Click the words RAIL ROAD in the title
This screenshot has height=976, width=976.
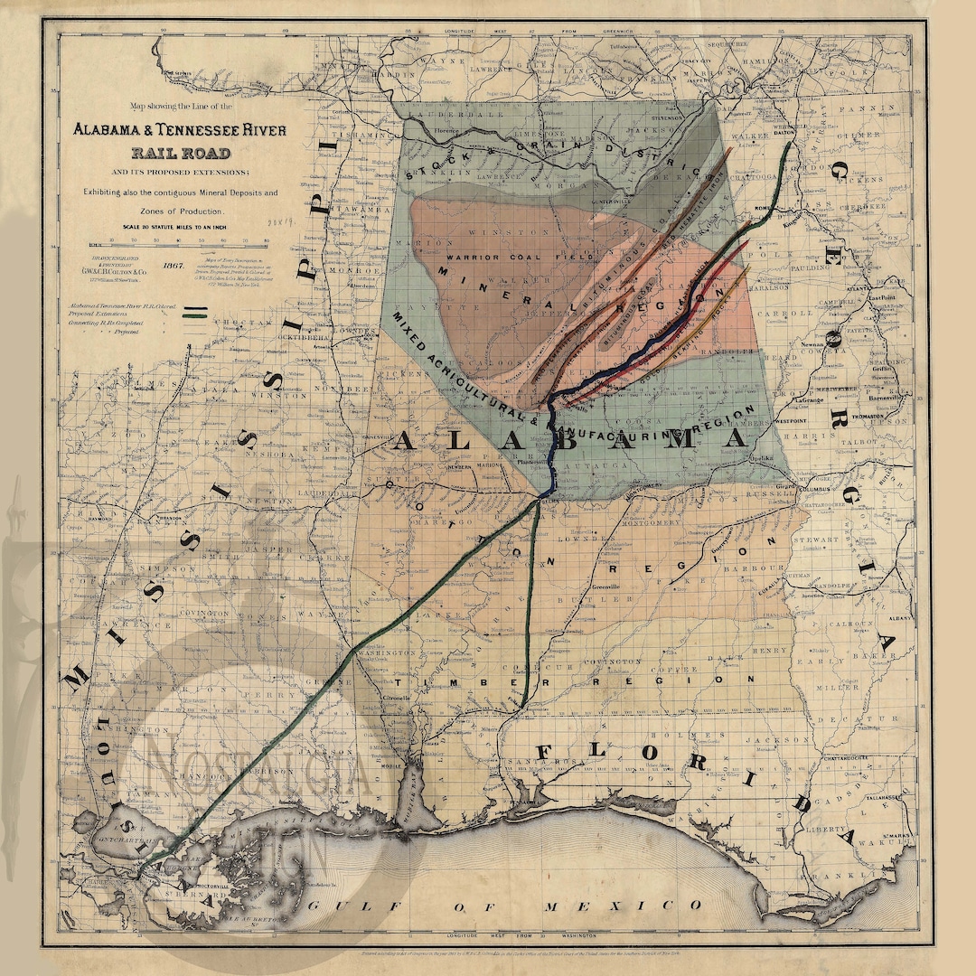point(181,153)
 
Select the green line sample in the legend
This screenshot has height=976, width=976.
point(195,315)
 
